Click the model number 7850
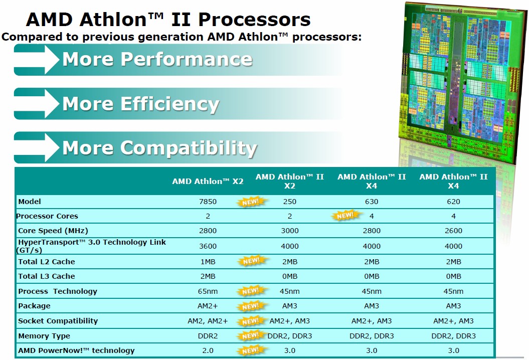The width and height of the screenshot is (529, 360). [208, 202]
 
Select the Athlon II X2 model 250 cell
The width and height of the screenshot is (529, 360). [290, 202]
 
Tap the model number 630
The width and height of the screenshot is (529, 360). [372, 202]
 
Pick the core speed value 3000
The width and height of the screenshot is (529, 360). [290, 231]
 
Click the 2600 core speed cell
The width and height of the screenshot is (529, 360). [453, 231]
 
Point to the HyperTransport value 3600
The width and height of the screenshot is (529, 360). [208, 246]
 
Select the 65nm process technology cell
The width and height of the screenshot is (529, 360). [208, 291]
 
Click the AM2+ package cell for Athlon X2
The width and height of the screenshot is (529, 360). [208, 306]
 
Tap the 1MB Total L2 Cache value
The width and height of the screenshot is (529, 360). [208, 262]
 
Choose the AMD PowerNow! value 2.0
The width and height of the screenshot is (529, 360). [208, 350]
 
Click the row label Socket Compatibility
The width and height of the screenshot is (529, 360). [58, 321]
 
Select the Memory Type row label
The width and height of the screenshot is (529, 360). [44, 336]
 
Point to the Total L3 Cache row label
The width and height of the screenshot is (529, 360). [47, 276]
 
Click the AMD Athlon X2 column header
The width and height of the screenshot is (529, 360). [208, 181]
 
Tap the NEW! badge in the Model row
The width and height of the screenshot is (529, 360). [251, 202]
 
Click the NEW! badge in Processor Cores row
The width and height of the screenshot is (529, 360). [345, 215]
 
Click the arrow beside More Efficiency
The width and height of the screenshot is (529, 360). [37, 103]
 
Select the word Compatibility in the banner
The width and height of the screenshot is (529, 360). [189, 148]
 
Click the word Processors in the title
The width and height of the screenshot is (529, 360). [254, 19]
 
